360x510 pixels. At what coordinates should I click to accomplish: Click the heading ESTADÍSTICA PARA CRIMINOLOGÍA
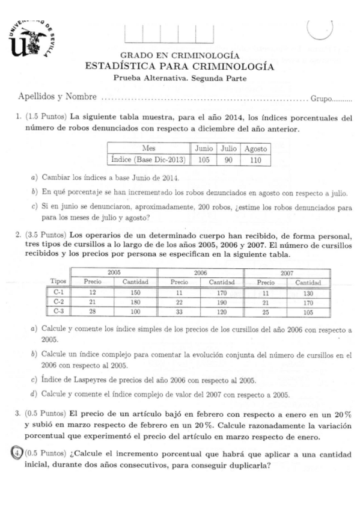point(180,66)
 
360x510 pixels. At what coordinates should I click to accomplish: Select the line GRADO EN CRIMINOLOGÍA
point(180,55)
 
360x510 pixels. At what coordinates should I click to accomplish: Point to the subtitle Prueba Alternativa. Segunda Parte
point(180,78)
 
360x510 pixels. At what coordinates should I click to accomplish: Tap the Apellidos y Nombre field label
point(57,96)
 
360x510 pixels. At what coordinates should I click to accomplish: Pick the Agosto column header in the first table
point(255,148)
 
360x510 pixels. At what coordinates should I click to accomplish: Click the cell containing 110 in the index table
point(255,159)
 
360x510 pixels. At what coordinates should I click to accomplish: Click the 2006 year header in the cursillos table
point(200,272)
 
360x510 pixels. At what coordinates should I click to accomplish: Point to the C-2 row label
point(58,301)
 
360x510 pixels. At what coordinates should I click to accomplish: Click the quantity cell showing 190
point(221,301)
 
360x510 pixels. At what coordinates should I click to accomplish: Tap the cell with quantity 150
point(135,292)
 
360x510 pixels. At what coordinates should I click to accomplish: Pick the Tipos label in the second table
point(58,282)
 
